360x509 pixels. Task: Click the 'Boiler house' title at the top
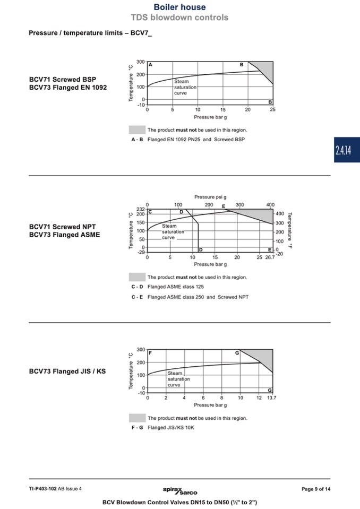click(179, 7)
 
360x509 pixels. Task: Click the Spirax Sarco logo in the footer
click(180, 490)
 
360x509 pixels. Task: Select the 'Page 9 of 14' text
click(316, 489)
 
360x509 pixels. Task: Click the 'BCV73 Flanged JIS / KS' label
click(67, 371)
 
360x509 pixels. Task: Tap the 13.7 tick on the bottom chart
click(272, 398)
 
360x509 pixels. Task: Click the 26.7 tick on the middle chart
click(270, 257)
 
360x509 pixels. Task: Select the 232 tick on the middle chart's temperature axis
click(140, 209)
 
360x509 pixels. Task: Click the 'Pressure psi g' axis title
click(210, 197)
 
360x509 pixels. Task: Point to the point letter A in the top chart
click(150, 65)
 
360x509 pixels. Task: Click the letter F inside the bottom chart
click(150, 352)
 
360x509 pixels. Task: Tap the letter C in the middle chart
click(150, 212)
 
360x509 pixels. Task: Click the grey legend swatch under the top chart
click(137, 130)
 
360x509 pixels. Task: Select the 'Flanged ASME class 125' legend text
click(176, 287)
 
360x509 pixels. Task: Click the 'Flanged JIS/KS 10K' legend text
click(171, 427)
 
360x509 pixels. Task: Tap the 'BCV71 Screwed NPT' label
click(62, 227)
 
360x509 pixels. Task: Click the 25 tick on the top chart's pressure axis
click(273, 110)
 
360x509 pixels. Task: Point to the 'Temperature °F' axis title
click(290, 230)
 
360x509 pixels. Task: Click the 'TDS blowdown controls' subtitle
click(179, 18)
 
